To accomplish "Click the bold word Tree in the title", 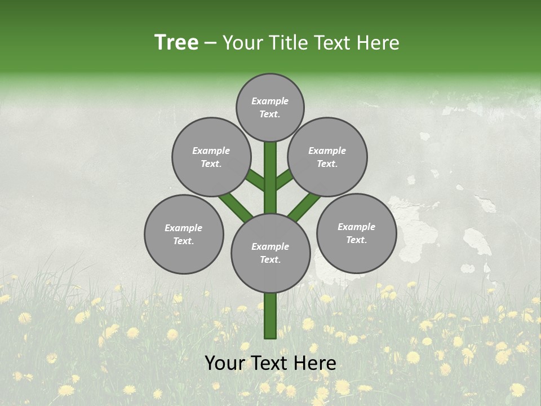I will (176, 43).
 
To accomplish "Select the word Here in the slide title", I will (379, 43).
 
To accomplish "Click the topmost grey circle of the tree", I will (270, 107).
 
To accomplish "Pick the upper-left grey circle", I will (211, 157).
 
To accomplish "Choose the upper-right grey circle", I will (327, 157).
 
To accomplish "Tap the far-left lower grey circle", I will (184, 234).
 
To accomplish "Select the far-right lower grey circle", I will (356, 233).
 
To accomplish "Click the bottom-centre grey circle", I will (270, 253).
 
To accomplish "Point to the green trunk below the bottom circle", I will (270, 316).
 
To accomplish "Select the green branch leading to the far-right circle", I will (304, 206).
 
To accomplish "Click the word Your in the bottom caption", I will (224, 363).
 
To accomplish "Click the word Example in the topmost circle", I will (270, 101).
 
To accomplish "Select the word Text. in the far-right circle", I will (356, 240).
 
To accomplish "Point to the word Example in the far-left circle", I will (184, 228).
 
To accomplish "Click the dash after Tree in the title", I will (210, 43).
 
